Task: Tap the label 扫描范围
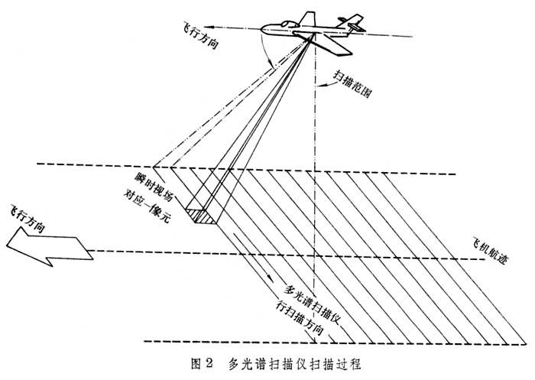tap(352, 84)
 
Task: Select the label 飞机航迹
tap(490, 251)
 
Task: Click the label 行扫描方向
tap(299, 317)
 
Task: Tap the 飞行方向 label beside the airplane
tap(200, 37)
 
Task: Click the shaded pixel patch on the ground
tap(202, 216)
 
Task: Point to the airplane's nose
tap(262, 29)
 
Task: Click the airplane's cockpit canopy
tap(288, 24)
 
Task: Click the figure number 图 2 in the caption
tap(202, 364)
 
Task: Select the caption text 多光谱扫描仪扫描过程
tap(294, 364)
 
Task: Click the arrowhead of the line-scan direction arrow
tap(271, 278)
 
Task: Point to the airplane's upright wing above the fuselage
tap(307, 19)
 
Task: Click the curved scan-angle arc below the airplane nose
tap(265, 50)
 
